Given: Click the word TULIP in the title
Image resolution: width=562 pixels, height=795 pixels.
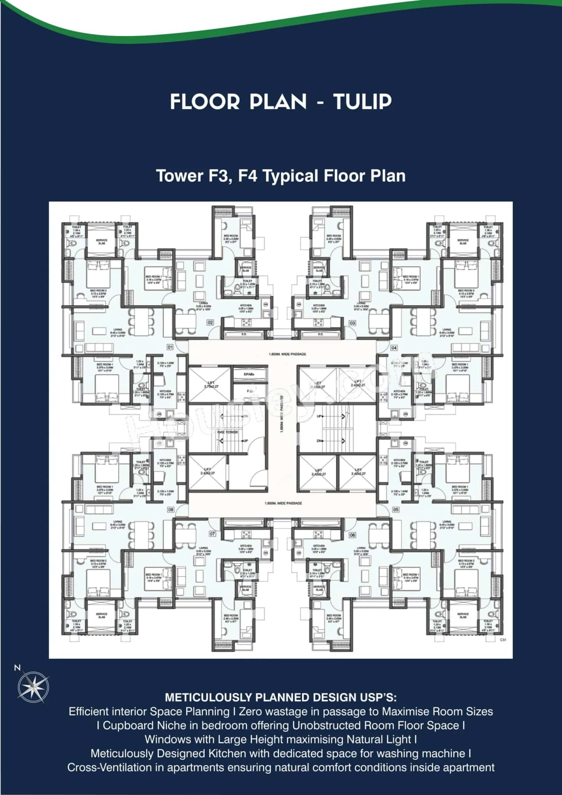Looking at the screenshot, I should pyautogui.click(x=362, y=102).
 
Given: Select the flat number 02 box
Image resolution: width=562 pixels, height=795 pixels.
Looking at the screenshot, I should pyautogui.click(x=210, y=322).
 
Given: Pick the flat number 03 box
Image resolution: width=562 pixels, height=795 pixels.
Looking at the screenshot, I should pyautogui.click(x=352, y=323).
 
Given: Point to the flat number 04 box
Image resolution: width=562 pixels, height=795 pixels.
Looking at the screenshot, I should pyautogui.click(x=394, y=347).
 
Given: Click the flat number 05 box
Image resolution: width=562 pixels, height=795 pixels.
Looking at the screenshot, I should pyautogui.click(x=396, y=510).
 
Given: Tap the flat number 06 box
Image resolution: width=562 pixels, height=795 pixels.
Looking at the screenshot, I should pyautogui.click(x=352, y=535).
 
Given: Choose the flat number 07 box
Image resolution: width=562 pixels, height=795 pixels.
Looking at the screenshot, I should pyautogui.click(x=212, y=534).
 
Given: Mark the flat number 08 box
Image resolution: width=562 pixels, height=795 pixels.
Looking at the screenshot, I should pyautogui.click(x=171, y=510).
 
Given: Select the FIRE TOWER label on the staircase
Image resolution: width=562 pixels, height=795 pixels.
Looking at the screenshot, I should pyautogui.click(x=227, y=432).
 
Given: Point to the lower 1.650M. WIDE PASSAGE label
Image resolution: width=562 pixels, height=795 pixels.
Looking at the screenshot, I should pyautogui.click(x=283, y=503).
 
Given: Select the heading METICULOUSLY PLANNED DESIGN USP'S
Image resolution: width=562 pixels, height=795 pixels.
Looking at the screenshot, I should pyautogui.click(x=281, y=697).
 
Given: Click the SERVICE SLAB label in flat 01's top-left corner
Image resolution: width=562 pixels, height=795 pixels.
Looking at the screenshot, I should pyautogui.click(x=102, y=242).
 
